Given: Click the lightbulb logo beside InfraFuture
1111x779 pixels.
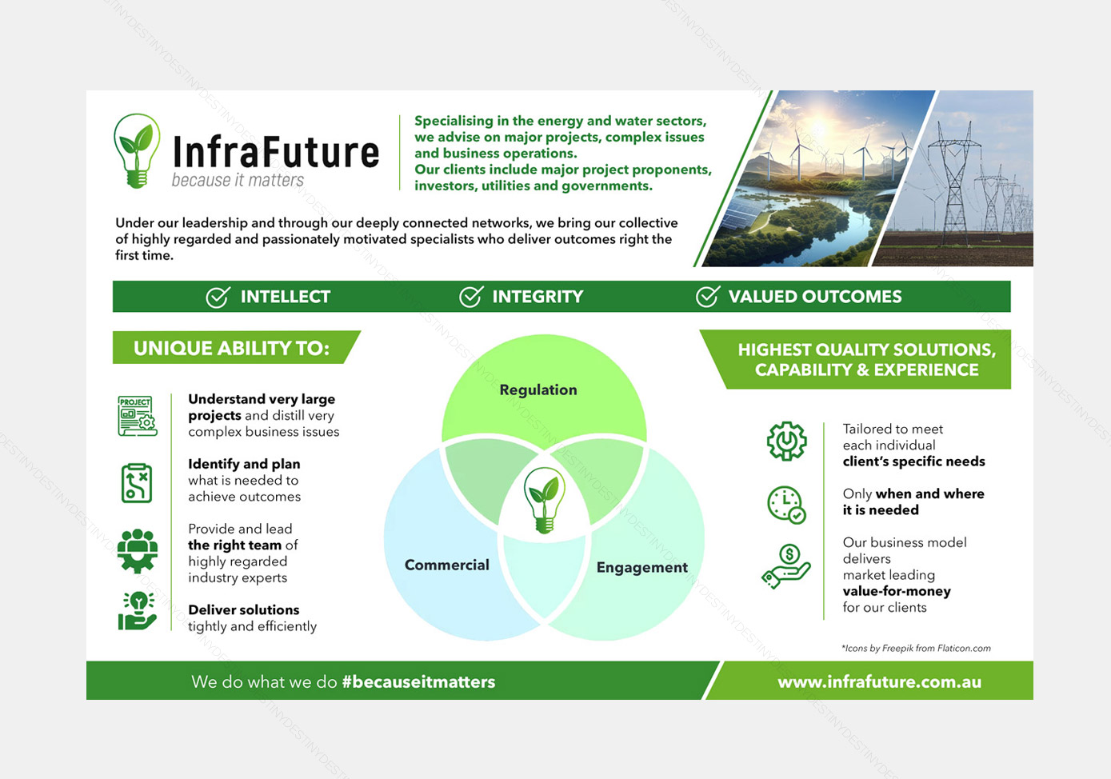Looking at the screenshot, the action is coord(137,150).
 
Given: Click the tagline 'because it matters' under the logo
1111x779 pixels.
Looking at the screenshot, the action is coord(238,180).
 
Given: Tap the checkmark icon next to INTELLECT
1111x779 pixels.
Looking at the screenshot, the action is coord(218,297).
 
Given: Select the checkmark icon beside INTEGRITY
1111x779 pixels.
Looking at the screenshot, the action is coord(470,296).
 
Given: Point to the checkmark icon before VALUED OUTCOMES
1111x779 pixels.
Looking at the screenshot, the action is coord(707,296).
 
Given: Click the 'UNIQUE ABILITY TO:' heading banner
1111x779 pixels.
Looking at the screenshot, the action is coord(236,347).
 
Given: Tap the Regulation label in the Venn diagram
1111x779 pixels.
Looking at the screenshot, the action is coord(538,389).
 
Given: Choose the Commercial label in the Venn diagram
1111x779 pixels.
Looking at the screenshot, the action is coord(447,565).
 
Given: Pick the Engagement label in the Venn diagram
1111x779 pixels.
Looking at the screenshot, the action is coord(641,567).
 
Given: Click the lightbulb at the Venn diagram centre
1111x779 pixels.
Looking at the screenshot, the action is coord(545,500).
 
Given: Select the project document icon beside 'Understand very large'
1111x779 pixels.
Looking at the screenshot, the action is coord(138,416).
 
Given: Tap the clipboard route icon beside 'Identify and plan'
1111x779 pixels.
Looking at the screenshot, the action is coord(137,483).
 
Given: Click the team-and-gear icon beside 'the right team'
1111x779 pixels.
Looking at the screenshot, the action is coord(138,551).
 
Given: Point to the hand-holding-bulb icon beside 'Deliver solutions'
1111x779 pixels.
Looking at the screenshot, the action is coord(138,611).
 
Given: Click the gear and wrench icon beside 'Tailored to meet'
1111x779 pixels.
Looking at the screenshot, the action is coord(786,441).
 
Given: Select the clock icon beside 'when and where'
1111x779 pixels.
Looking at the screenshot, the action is coord(786,505).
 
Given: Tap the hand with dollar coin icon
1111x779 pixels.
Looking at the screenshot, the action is coord(786,565).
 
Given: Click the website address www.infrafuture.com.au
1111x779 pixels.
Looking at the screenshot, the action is coord(879,681).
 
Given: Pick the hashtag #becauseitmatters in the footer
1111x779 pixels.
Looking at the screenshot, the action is coord(418,681).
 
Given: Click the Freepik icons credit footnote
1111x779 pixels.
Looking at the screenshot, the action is coord(916,648).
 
